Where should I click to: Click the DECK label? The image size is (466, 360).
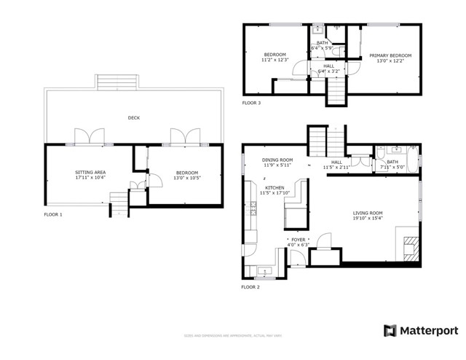pyautogui.click(x=133, y=117)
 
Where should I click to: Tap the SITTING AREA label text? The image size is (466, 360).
pyautogui.click(x=90, y=172)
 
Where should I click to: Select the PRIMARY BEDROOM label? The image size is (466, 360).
pyautogui.click(x=390, y=55)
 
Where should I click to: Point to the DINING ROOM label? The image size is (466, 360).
pyautogui.click(x=277, y=160)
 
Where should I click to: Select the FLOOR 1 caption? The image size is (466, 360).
pyautogui.click(x=53, y=215)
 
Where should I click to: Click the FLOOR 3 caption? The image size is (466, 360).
pyautogui.click(x=251, y=103)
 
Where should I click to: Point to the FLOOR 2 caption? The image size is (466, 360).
pyautogui.click(x=250, y=287)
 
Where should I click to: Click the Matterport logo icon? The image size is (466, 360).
pyautogui.click(x=391, y=330)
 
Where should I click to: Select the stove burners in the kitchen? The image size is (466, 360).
pyautogui.click(x=253, y=211)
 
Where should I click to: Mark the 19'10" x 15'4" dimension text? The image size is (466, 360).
pyautogui.click(x=367, y=218)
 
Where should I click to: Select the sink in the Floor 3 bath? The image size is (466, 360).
pyautogui.click(x=317, y=31)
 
